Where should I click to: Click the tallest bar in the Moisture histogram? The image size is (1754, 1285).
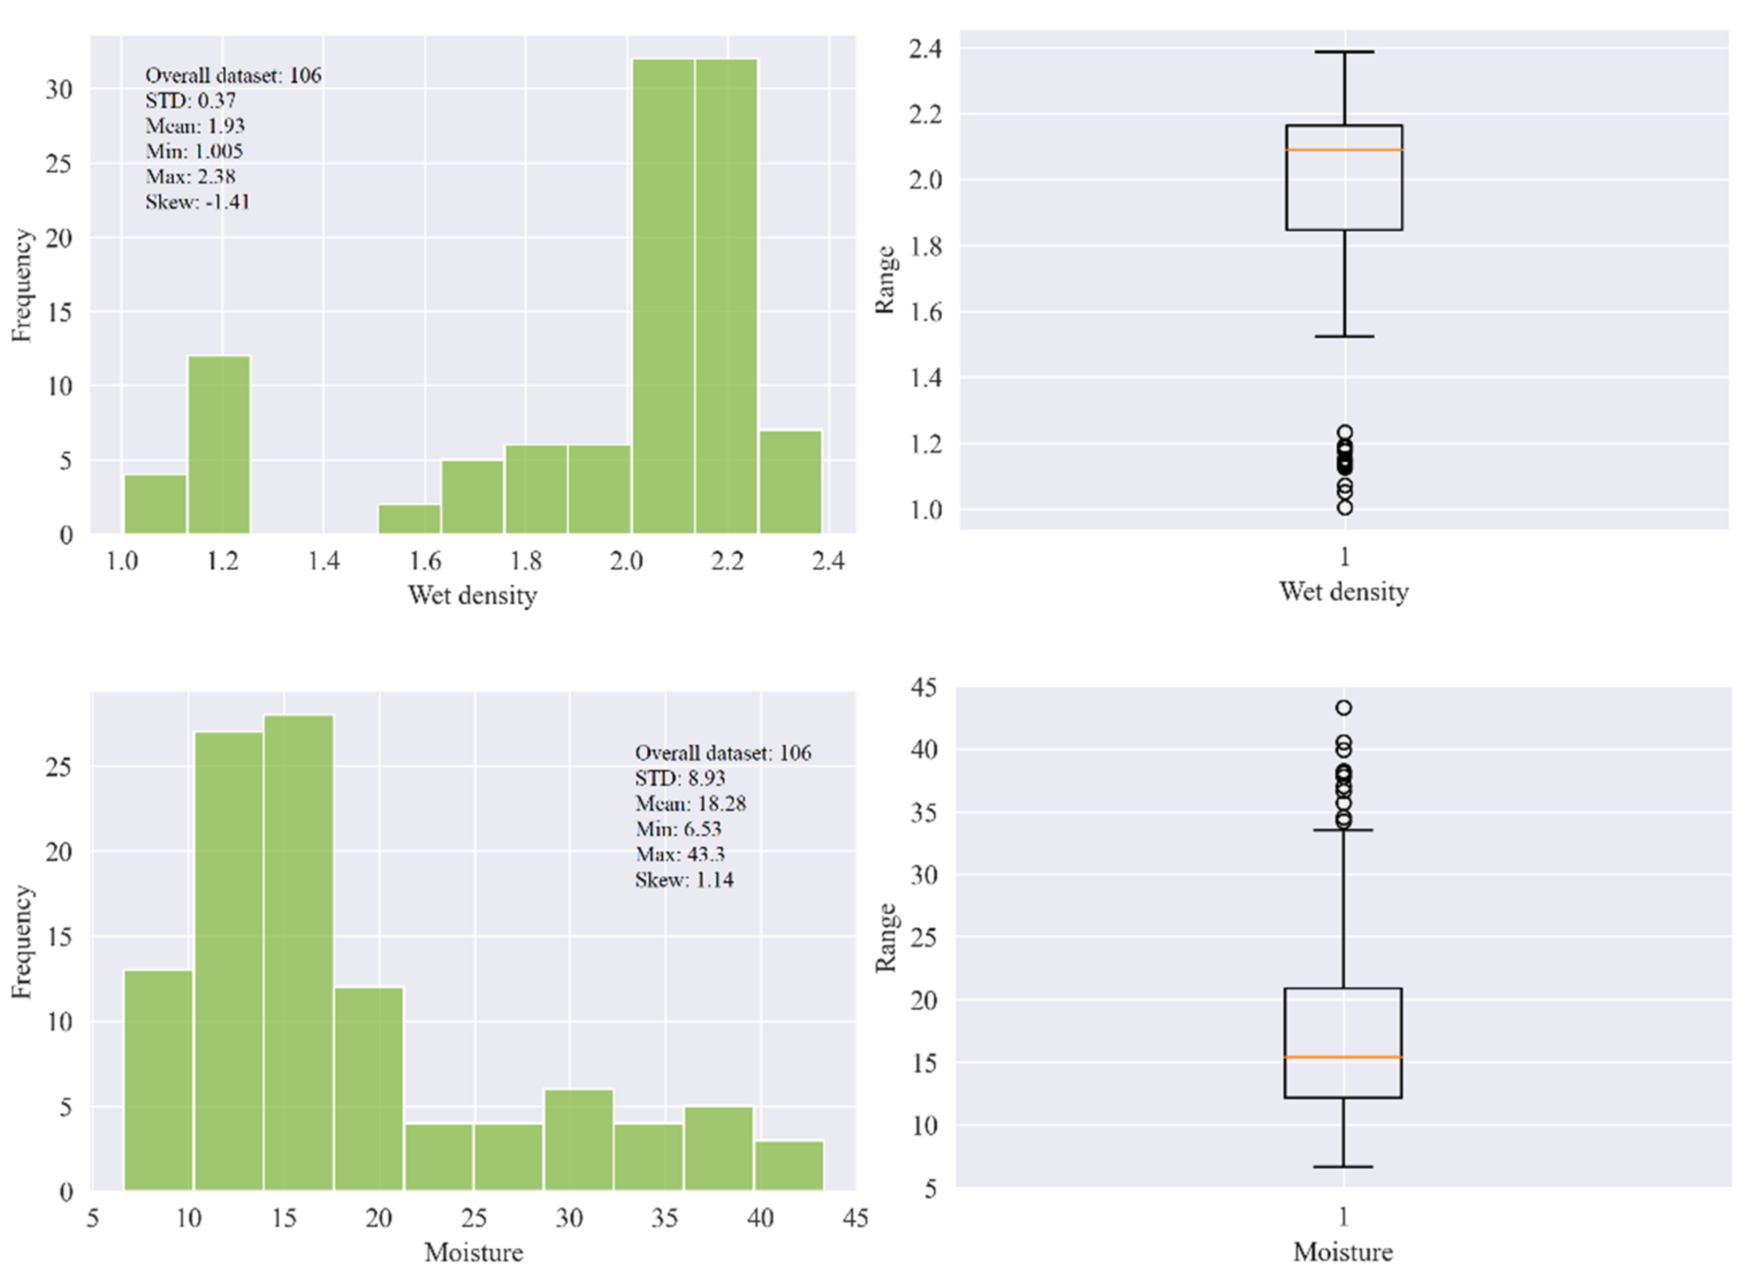[x=299, y=953]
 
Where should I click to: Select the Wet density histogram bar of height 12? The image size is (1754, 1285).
[x=219, y=445]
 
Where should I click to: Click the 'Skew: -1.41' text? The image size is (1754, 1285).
[x=197, y=202]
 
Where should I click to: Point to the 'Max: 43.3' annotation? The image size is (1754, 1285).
[x=680, y=854]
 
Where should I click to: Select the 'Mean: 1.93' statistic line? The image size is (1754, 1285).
[x=195, y=126]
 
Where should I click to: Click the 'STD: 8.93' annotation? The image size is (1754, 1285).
[x=680, y=778]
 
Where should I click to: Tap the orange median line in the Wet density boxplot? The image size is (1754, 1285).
[x=1344, y=149]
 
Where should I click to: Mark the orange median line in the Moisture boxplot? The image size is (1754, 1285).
[x=1344, y=1057]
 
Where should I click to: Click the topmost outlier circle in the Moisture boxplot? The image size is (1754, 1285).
[x=1344, y=708]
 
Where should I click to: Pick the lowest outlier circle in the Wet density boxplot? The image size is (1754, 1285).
[x=1345, y=508]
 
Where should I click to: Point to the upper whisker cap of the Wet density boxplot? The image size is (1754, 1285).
[x=1344, y=52]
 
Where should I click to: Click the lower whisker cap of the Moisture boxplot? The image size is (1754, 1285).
[x=1344, y=1167]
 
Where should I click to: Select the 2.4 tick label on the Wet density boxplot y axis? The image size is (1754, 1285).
[x=925, y=49]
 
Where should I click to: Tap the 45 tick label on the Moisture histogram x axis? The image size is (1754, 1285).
[x=855, y=1217]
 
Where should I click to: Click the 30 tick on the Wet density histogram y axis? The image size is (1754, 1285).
[x=58, y=89]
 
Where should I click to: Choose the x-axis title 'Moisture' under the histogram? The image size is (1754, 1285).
[x=474, y=1252]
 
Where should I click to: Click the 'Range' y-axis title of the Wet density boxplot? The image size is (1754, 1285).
[x=885, y=280]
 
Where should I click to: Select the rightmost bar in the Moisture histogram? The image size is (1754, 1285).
[x=789, y=1165]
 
